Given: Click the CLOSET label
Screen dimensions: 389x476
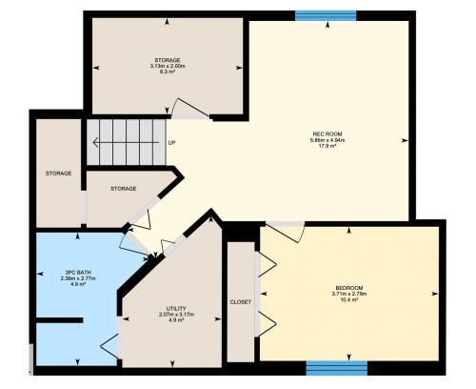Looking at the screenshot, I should pyautogui.click(x=241, y=302).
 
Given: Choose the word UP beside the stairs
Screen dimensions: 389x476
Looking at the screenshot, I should pyautogui.click(x=171, y=144).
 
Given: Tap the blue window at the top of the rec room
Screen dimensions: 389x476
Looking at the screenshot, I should pyautogui.click(x=325, y=14).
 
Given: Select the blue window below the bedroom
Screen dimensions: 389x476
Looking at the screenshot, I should pyautogui.click(x=337, y=366).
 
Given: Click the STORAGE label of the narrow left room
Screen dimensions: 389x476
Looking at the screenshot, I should pyautogui.click(x=60, y=174).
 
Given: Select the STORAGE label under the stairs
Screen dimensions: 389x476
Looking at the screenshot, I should pyautogui.click(x=123, y=189).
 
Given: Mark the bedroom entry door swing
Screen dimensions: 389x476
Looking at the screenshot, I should pyautogui.click(x=284, y=230).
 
